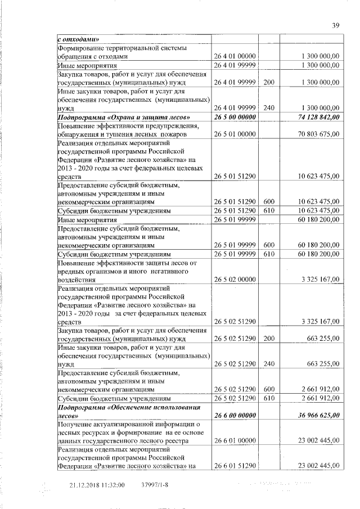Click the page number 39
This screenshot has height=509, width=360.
[x=336, y=25]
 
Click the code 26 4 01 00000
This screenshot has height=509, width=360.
[x=235, y=56]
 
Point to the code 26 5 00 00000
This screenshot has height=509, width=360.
[x=235, y=117]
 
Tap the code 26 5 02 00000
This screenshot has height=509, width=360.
[x=235, y=280]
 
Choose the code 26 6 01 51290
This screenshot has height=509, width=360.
[x=235, y=466]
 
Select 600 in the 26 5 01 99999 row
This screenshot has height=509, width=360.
[x=268, y=246]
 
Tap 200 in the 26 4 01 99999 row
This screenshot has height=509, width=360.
[x=268, y=82]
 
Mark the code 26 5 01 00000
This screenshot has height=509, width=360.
[x=235, y=134]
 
